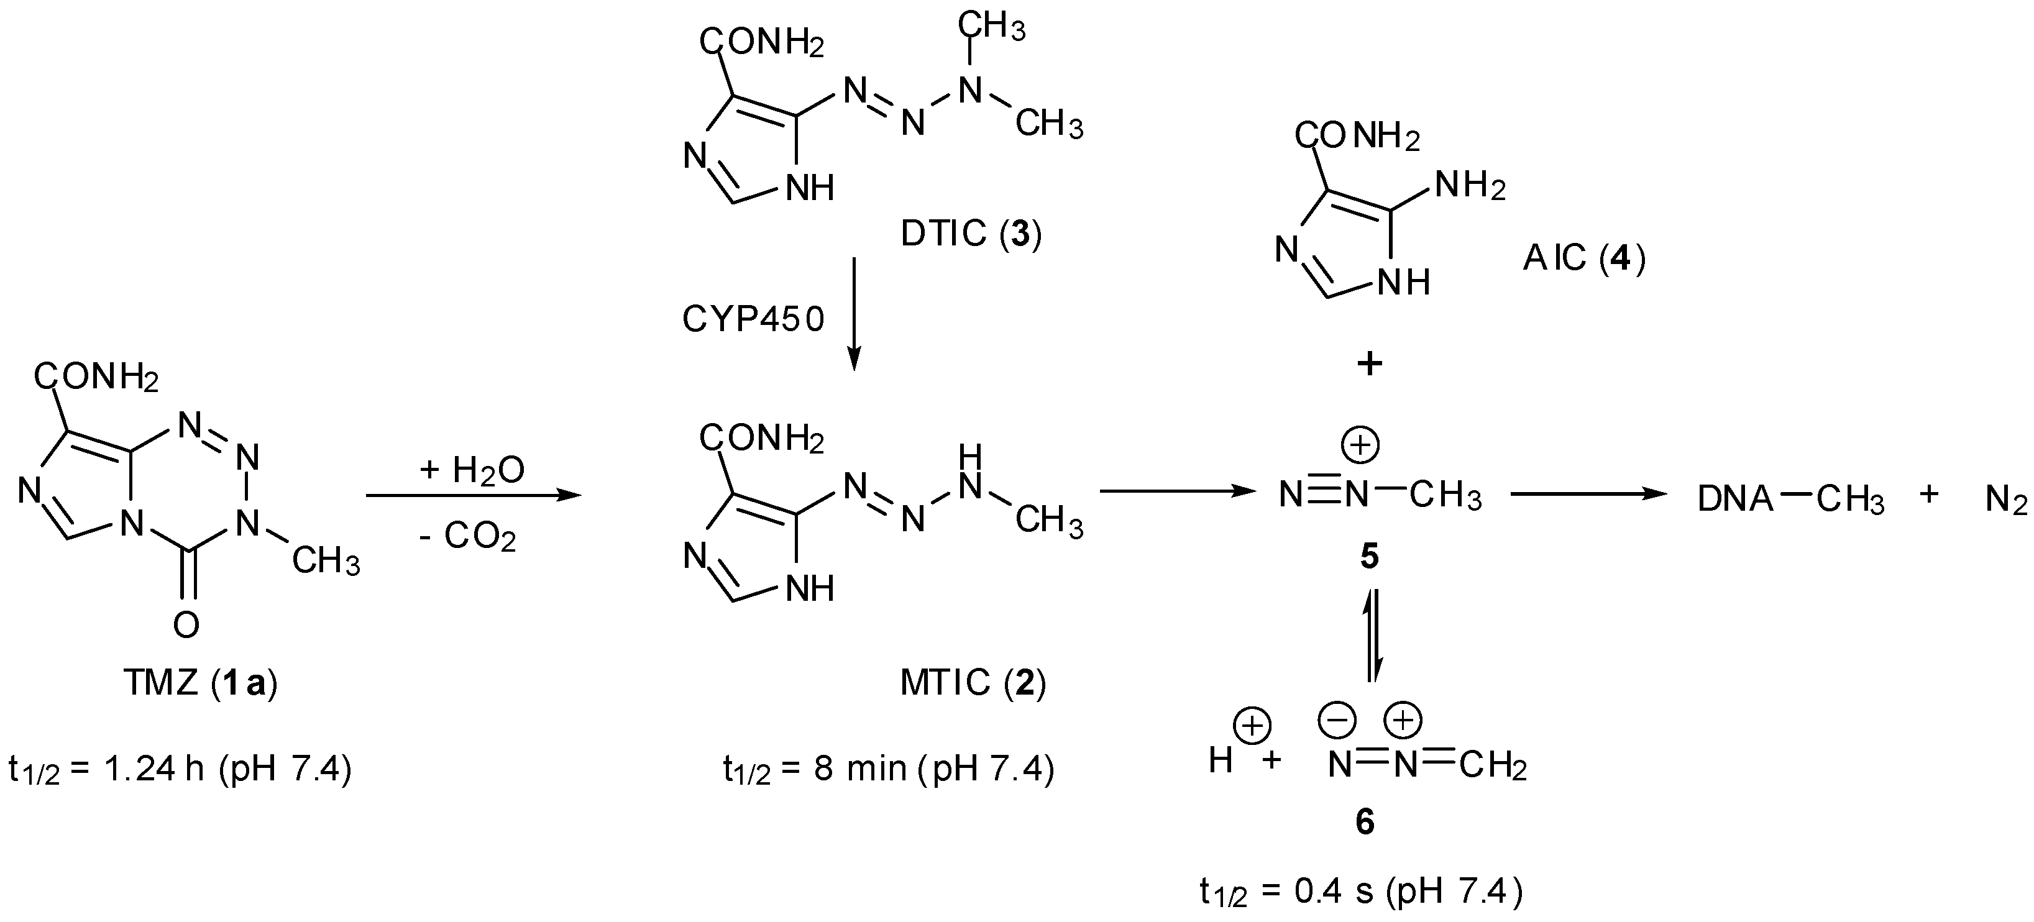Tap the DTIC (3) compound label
pos(971,234)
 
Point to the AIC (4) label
pos(1584,258)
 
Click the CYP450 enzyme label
pos(753,320)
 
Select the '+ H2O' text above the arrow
pos(472,470)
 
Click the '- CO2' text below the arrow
pos(468,537)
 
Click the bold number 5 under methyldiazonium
pos(1368,557)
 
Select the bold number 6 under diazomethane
pos(1365,823)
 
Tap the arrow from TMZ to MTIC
pos(473,496)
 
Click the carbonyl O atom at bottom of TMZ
pos(186,624)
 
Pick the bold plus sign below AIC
pos(1369,364)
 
